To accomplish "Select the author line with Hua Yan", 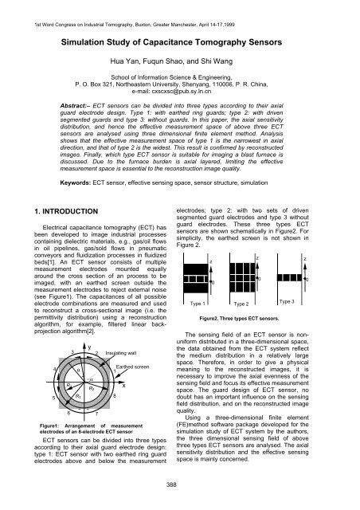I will click(180, 68).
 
